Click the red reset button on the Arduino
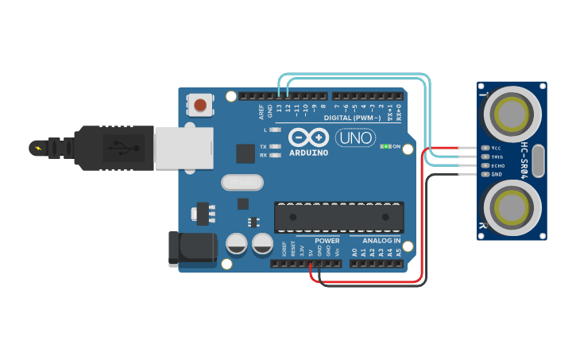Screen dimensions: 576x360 pos(200,104)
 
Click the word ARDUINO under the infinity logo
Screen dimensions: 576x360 pos(308,153)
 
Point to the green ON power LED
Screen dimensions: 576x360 pos(385,146)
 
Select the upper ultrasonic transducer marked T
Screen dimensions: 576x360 pos(512,114)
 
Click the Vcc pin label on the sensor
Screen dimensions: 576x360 pos(497,148)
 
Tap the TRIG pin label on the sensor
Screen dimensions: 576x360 pos(497,157)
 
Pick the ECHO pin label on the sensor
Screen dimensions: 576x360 pos(497,165)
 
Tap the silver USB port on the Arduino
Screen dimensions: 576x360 pos(184,148)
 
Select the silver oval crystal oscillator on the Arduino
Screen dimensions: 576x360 pos(242,183)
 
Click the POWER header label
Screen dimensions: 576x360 pos(327,241)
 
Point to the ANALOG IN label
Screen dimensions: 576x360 pos(381,241)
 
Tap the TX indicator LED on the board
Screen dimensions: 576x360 pos(276,147)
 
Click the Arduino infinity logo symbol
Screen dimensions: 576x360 pos(308,137)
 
